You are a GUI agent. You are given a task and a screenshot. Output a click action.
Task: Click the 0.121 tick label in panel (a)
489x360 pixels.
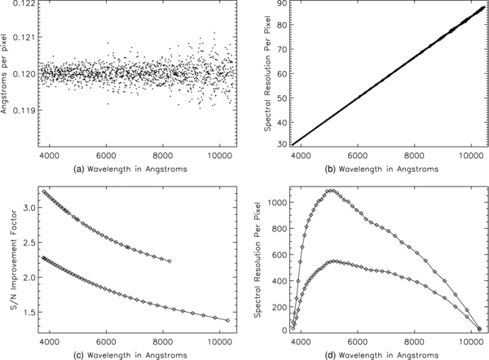[24, 37]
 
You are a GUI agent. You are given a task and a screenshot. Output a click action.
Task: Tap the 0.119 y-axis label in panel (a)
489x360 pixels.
[24, 110]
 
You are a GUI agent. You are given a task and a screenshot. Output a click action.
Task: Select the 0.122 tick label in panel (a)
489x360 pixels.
[24, 3]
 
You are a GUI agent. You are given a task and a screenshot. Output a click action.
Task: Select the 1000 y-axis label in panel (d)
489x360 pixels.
[277, 203]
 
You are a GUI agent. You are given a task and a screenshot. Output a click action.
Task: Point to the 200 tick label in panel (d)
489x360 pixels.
[279, 307]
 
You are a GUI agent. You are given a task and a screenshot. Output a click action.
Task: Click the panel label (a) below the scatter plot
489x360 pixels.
[78, 169]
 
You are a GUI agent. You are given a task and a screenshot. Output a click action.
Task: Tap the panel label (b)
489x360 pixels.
[330, 169]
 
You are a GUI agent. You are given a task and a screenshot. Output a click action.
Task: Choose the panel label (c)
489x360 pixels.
[78, 355]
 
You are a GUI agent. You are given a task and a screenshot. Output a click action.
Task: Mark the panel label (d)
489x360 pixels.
[330, 355]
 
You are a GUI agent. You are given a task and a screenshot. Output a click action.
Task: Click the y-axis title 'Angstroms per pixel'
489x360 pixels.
[4, 72]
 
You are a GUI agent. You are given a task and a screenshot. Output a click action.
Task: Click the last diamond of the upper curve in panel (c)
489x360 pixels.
[170, 261]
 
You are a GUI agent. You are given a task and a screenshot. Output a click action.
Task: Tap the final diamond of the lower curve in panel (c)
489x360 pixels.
[227, 320]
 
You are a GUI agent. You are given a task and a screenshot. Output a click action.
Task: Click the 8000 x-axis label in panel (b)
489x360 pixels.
[414, 156]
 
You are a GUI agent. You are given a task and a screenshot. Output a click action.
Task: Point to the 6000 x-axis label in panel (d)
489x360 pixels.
[358, 342]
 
